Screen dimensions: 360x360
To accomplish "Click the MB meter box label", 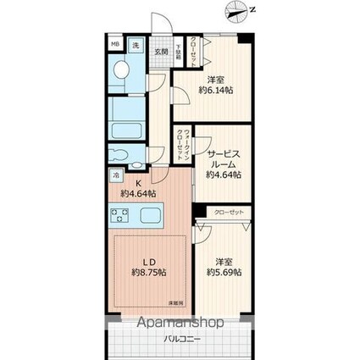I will tap(115, 47).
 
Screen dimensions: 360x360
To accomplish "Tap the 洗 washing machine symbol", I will tap(136, 47).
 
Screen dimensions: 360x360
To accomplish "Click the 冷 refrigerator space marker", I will tap(115, 175).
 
